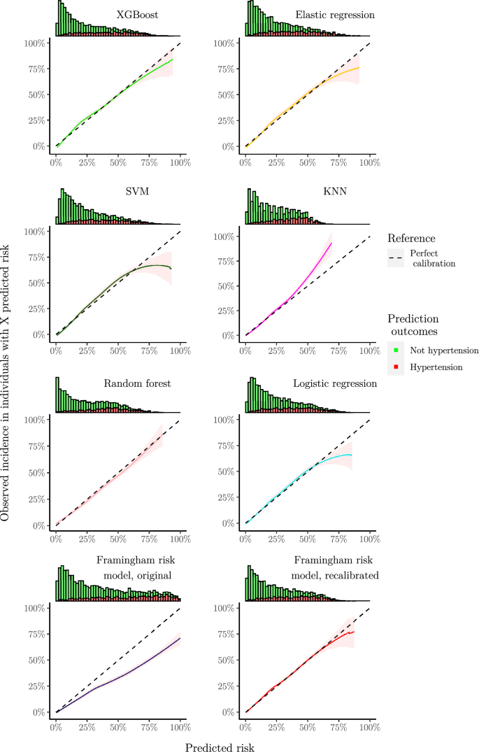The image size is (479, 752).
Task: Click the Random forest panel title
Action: (137, 383)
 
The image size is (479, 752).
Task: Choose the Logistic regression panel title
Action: (335, 383)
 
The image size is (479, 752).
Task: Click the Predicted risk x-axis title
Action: (220, 747)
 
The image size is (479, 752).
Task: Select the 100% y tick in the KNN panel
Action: (225, 236)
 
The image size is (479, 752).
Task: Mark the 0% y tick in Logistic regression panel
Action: (229, 523)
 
